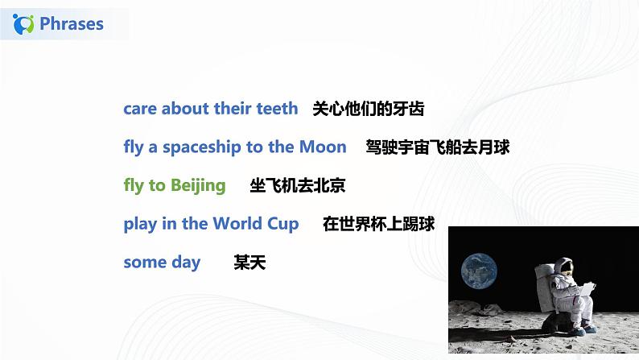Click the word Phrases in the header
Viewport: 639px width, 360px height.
(72, 23)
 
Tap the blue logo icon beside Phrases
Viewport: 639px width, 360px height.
(25, 24)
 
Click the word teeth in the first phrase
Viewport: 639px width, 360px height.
(274, 108)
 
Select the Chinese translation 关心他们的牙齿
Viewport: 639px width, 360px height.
(368, 108)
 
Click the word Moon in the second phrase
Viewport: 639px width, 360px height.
(323, 147)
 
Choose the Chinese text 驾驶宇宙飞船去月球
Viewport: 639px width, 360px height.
(437, 147)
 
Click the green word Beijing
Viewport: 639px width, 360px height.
(197, 186)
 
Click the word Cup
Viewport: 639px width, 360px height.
(282, 225)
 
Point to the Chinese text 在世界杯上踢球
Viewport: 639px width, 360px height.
(378, 224)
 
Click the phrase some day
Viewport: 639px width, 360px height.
(162, 263)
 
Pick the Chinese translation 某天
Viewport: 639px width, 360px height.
(249, 263)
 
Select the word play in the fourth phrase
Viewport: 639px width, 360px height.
(140, 225)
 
